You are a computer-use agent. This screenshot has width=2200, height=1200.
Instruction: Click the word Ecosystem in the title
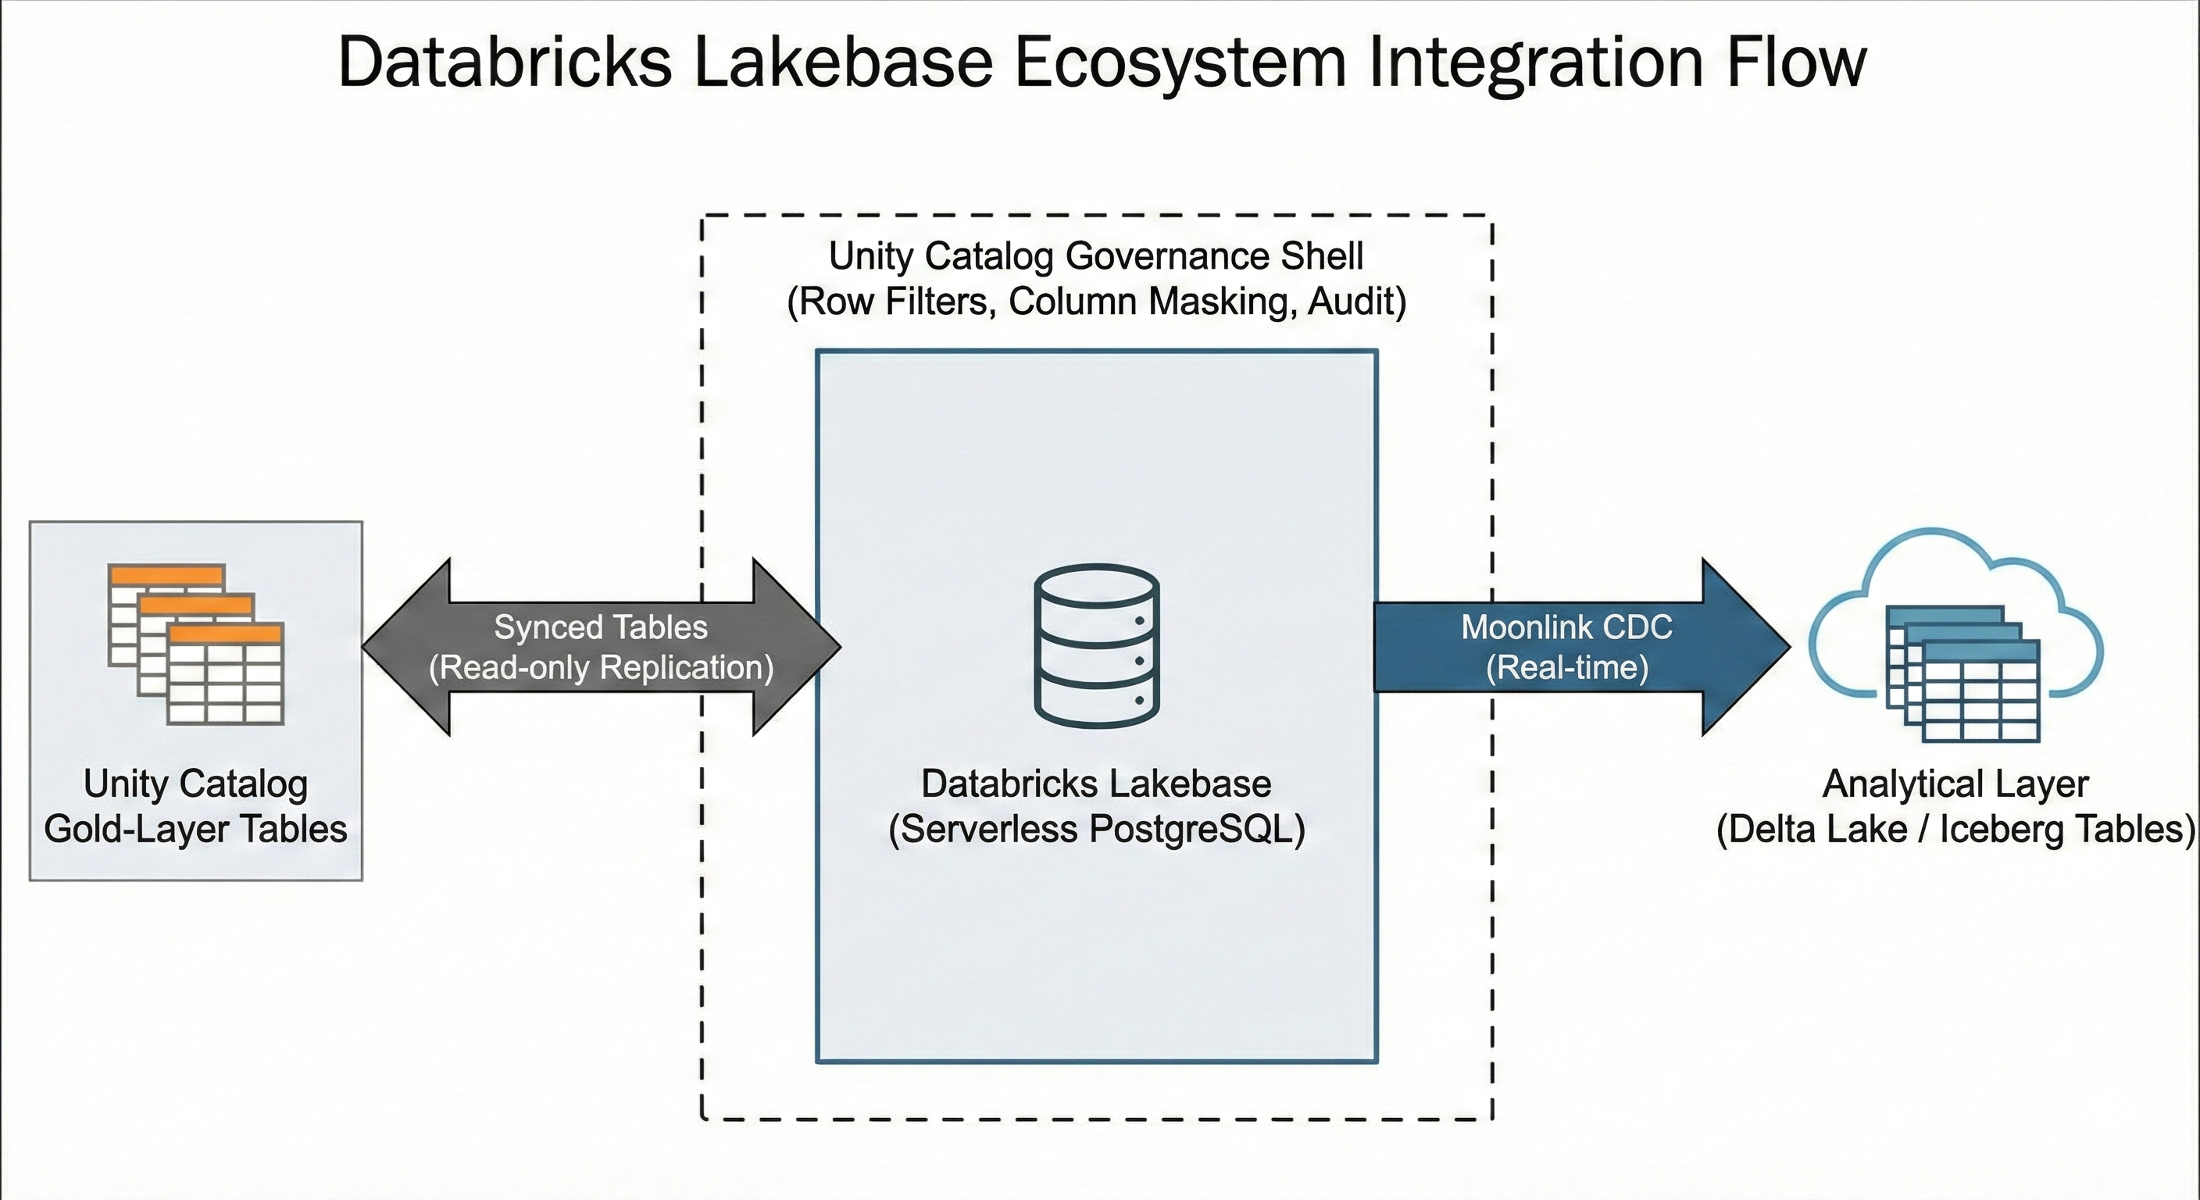click(1179, 62)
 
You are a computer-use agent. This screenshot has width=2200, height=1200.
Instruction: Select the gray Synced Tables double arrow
click(602, 647)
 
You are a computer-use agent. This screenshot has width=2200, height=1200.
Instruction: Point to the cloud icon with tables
click(1955, 636)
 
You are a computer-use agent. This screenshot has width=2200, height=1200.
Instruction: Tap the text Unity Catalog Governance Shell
click(1096, 255)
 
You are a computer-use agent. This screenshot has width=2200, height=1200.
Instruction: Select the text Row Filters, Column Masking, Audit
click(1096, 302)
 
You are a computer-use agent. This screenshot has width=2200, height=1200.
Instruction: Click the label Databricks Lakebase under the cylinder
click(1096, 783)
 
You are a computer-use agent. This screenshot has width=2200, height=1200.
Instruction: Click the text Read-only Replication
click(602, 667)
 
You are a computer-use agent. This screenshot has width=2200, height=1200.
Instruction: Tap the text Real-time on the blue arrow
click(1567, 667)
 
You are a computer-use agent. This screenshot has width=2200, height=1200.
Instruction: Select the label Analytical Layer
click(1955, 783)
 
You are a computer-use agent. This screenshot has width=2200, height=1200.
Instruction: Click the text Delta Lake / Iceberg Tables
click(1955, 830)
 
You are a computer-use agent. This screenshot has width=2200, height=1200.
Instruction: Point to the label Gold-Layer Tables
click(195, 830)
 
